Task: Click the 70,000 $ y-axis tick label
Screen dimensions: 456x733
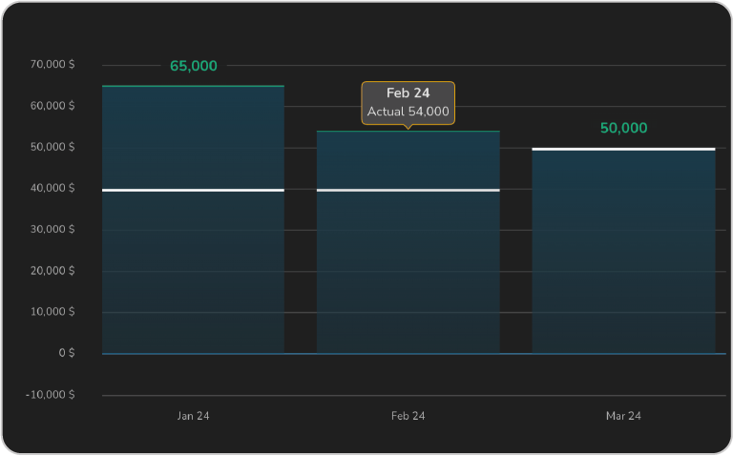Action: [x=52, y=65]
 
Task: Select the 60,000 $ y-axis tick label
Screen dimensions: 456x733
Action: [x=52, y=106]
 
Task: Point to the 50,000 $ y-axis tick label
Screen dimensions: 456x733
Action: [x=52, y=147]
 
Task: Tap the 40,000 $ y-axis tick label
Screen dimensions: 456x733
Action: [x=52, y=188]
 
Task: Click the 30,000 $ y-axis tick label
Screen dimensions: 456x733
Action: [x=52, y=230]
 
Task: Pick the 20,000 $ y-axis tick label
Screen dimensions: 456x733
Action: [x=52, y=271]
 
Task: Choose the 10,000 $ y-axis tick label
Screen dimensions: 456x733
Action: [x=52, y=312]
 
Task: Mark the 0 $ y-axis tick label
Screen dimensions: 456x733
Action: [x=66, y=353]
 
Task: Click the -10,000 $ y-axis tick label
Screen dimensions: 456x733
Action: [x=51, y=395]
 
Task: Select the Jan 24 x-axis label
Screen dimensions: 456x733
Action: [x=193, y=417]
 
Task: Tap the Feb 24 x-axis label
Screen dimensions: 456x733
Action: [x=408, y=417]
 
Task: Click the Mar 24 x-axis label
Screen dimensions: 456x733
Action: [x=623, y=417]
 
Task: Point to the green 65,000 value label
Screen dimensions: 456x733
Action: [x=194, y=67]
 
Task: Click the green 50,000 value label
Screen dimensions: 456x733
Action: [x=623, y=129]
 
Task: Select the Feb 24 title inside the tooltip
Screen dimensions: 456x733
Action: [x=408, y=93]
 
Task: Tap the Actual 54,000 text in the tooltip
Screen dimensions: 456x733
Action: [x=408, y=112]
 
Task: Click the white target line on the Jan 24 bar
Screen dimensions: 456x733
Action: [x=193, y=190]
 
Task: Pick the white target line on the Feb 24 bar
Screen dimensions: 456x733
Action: [x=408, y=190]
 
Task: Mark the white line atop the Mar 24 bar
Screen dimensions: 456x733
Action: [x=623, y=149]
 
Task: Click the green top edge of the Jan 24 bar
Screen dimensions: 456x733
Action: [x=193, y=86]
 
